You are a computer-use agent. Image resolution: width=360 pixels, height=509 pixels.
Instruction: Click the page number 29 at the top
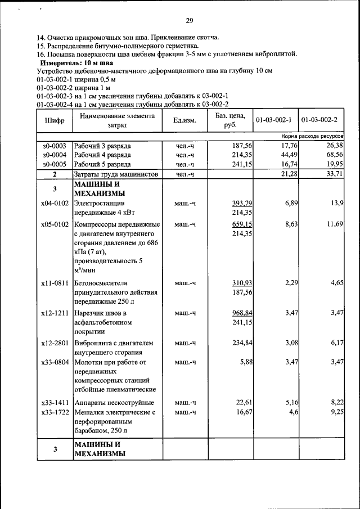(190, 21)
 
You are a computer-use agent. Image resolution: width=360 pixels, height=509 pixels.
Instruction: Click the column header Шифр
(55, 120)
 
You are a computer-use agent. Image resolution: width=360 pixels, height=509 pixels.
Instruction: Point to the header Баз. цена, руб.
(229, 120)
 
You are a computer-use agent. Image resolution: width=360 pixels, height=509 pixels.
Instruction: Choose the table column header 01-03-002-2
(319, 120)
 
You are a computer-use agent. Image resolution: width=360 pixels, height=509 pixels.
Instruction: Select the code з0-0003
(55, 145)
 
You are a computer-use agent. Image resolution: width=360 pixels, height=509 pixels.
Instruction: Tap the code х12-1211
(55, 312)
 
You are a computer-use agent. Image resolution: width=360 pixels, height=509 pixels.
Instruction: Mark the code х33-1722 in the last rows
(55, 412)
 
